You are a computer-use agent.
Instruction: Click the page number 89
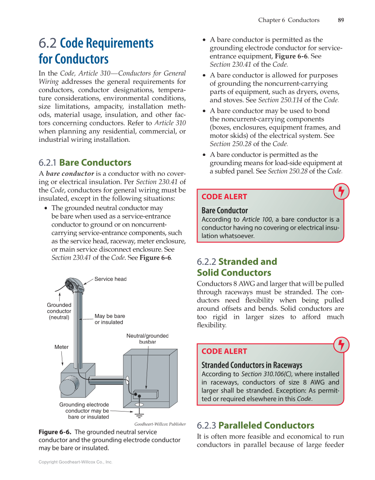click(x=341, y=20)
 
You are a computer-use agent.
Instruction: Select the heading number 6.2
click(x=47, y=43)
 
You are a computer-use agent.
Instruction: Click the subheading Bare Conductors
click(x=95, y=163)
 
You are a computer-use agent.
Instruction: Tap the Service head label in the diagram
click(x=110, y=279)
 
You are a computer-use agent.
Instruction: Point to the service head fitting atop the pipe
click(x=73, y=286)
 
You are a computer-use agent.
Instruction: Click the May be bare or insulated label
click(x=109, y=319)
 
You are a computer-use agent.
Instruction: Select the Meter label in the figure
click(x=61, y=347)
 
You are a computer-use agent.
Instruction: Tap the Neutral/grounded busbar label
click(x=148, y=339)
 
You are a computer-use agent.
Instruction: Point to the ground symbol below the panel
click(x=140, y=413)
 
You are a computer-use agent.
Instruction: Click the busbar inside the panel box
click(x=145, y=394)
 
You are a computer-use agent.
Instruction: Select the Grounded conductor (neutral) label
click(x=59, y=311)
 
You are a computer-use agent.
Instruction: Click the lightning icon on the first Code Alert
click(x=341, y=191)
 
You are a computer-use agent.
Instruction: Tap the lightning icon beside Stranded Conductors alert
click(x=341, y=345)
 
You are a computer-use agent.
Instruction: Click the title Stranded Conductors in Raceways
click(x=252, y=365)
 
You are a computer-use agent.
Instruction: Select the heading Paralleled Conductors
click(x=266, y=426)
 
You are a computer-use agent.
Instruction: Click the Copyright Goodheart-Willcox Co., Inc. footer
click(x=76, y=462)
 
